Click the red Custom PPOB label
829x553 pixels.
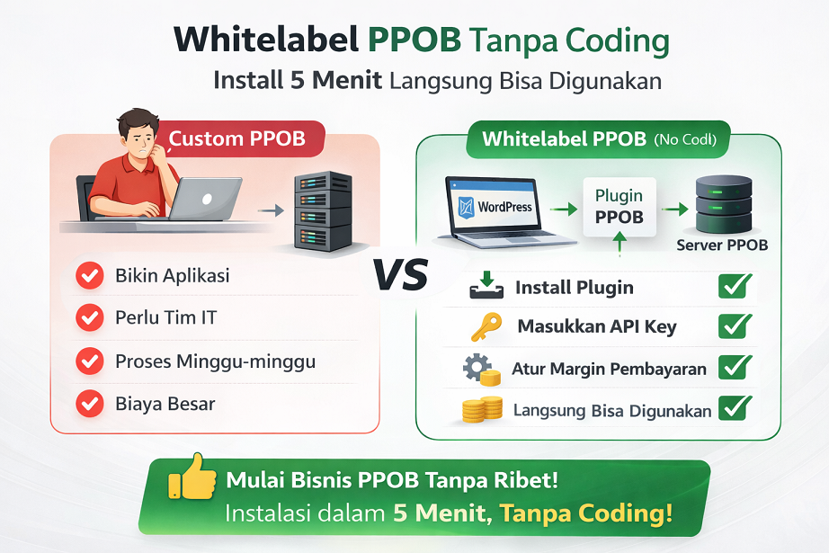tap(237, 139)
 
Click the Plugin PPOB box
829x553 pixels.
tap(620, 206)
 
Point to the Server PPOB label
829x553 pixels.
tap(722, 245)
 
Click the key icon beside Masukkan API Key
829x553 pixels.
tap(486, 326)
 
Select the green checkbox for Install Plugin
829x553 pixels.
tap(735, 287)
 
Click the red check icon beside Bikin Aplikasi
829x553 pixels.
tap(89, 276)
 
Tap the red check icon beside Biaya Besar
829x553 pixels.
tap(89, 404)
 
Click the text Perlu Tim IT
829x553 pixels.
tap(165, 317)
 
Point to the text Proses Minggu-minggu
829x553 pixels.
tap(215, 361)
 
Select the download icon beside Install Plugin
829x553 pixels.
tap(486, 287)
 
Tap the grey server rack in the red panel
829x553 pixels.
tap(323, 210)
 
